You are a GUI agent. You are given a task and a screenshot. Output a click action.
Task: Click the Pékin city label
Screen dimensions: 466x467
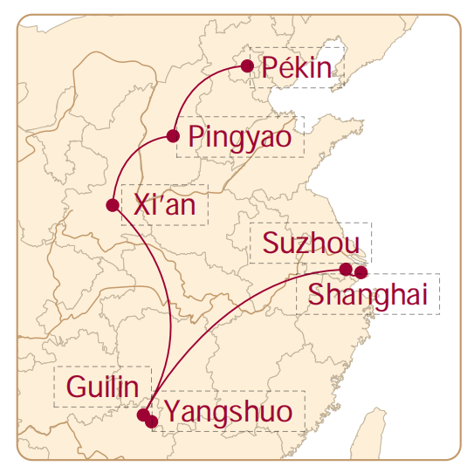297,68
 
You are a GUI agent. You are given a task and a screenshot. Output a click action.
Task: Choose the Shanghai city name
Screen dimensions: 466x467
367,295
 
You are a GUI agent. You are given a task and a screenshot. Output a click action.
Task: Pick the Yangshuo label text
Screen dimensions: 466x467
229,412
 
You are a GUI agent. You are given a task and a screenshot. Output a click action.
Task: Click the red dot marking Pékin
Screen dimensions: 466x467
247,65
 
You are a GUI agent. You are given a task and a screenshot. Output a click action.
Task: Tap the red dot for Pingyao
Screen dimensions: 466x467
173,136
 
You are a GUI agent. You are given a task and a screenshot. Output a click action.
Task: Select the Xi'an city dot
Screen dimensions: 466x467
112,206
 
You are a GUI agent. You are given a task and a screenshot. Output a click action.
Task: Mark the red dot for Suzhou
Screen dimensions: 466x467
346,269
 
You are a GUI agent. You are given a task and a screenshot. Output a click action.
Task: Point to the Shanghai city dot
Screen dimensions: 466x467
361,273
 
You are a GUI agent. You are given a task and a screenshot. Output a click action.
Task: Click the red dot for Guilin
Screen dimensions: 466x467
144,414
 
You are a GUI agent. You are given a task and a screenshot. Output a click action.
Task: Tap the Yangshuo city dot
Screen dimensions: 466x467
153,421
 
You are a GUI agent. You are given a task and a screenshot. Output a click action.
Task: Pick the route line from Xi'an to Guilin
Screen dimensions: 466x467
153,297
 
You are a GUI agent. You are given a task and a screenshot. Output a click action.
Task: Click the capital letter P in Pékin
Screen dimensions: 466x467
269,68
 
